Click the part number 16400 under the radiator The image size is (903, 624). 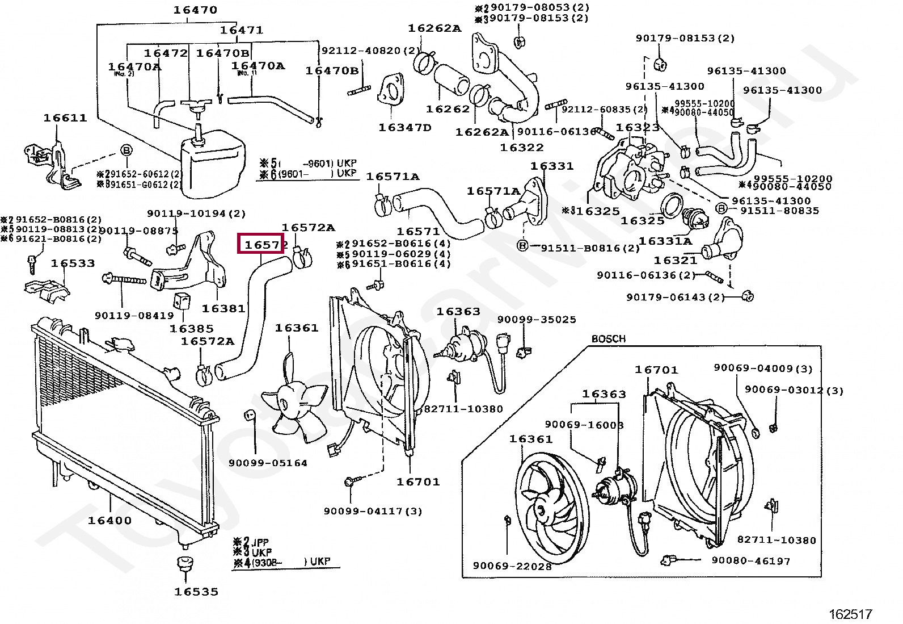pyautogui.click(x=109, y=520)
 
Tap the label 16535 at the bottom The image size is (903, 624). pyautogui.click(x=196, y=592)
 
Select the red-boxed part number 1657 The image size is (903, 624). pyautogui.click(x=261, y=244)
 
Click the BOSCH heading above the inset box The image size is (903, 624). pyautogui.click(x=608, y=339)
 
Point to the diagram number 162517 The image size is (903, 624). pyautogui.click(x=850, y=614)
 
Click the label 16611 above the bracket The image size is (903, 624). pyautogui.click(x=65, y=118)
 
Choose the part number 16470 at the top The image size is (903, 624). pyautogui.click(x=195, y=10)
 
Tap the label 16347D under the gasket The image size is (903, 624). pyautogui.click(x=404, y=128)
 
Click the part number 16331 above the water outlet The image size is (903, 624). pyautogui.click(x=551, y=166)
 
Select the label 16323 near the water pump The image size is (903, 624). pyautogui.click(x=637, y=128)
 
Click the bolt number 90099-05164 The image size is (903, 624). pyautogui.click(x=268, y=463)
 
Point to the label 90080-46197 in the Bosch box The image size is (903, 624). pyautogui.click(x=751, y=561)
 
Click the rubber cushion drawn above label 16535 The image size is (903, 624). pyautogui.click(x=184, y=565)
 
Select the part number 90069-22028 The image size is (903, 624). pyautogui.click(x=512, y=566)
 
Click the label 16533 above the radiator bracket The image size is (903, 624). pyautogui.click(x=73, y=263)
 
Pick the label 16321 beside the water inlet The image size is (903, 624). pyautogui.click(x=675, y=261)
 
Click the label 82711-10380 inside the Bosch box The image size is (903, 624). pyautogui.click(x=776, y=541)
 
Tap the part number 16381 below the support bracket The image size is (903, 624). pyautogui.click(x=223, y=308)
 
